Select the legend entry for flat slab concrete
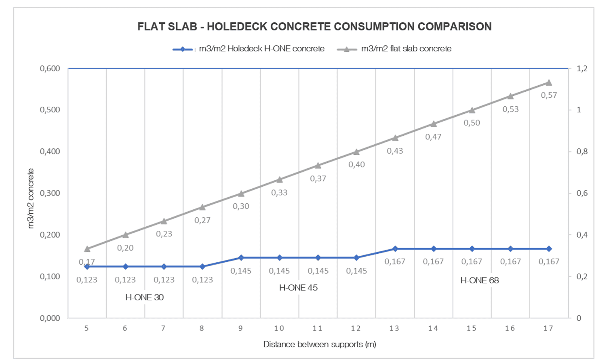406,49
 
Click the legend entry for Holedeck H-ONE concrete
261,49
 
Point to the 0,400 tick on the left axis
50,152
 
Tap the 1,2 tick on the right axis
582,69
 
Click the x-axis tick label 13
394,328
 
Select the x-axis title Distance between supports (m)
319,345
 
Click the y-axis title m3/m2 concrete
31,198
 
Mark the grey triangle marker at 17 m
549,83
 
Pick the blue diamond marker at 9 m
241,258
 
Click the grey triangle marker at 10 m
280,180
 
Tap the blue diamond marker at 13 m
395,249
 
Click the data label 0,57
549,95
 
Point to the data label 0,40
356,165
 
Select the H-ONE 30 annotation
144,298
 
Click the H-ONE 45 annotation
298,288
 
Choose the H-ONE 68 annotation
479,281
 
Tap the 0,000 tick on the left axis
50,318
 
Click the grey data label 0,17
86,262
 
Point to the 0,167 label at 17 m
549,262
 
